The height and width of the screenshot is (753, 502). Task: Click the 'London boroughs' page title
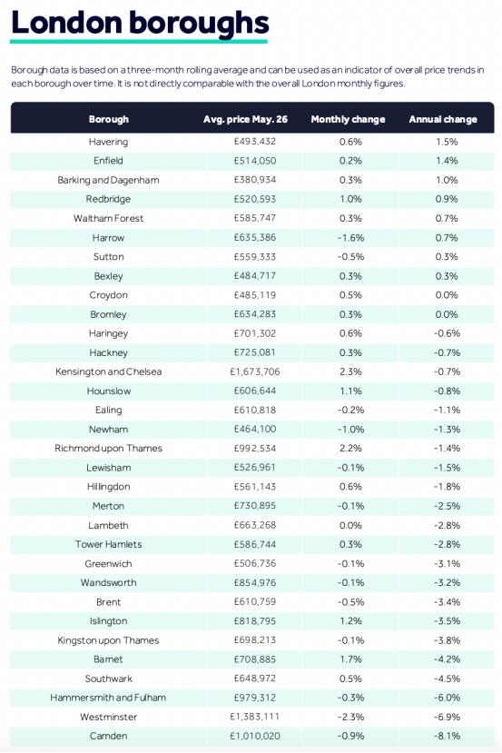[x=140, y=23]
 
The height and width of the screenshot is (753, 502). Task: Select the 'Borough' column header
[x=108, y=119]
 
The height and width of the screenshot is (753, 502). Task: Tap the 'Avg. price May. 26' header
[x=245, y=119]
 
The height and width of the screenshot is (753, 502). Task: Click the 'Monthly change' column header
[x=348, y=119]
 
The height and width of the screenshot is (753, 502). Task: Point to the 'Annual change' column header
[x=443, y=119]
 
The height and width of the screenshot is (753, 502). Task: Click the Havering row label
[x=108, y=142]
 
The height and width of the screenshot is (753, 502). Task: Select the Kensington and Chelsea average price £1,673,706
[x=255, y=372]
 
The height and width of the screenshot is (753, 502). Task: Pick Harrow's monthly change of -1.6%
[x=350, y=238]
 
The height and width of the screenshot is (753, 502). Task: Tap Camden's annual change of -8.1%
[x=447, y=736]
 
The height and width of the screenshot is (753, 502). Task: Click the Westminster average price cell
[x=255, y=717]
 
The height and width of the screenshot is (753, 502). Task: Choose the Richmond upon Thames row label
[x=108, y=449]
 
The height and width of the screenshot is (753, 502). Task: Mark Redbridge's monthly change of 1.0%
[x=350, y=199]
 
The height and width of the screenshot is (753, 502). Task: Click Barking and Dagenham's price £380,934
[x=255, y=180]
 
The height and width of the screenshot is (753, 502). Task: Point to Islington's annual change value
[x=447, y=621]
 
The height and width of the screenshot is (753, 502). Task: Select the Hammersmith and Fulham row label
[x=108, y=698]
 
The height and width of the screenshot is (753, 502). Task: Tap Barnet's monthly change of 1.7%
[x=350, y=659]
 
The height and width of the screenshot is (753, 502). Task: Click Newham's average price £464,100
[x=255, y=430]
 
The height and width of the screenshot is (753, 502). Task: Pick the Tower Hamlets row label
[x=108, y=544]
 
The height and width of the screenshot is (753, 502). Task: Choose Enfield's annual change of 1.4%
[x=447, y=161]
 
